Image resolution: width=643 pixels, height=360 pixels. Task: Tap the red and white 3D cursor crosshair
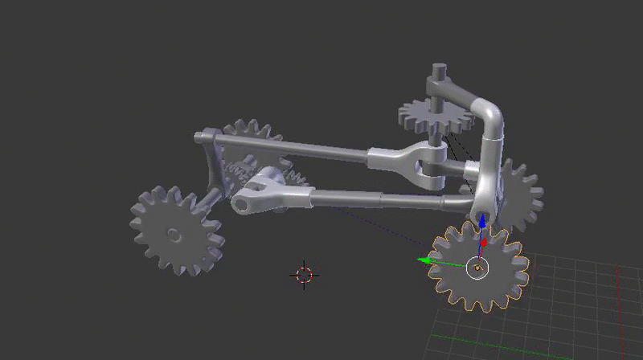304,274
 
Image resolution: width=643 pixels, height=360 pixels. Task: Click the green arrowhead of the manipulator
421,260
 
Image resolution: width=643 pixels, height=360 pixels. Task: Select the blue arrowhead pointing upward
482,220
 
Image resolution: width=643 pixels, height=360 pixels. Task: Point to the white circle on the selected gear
477,267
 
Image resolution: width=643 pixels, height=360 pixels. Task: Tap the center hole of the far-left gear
174,234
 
